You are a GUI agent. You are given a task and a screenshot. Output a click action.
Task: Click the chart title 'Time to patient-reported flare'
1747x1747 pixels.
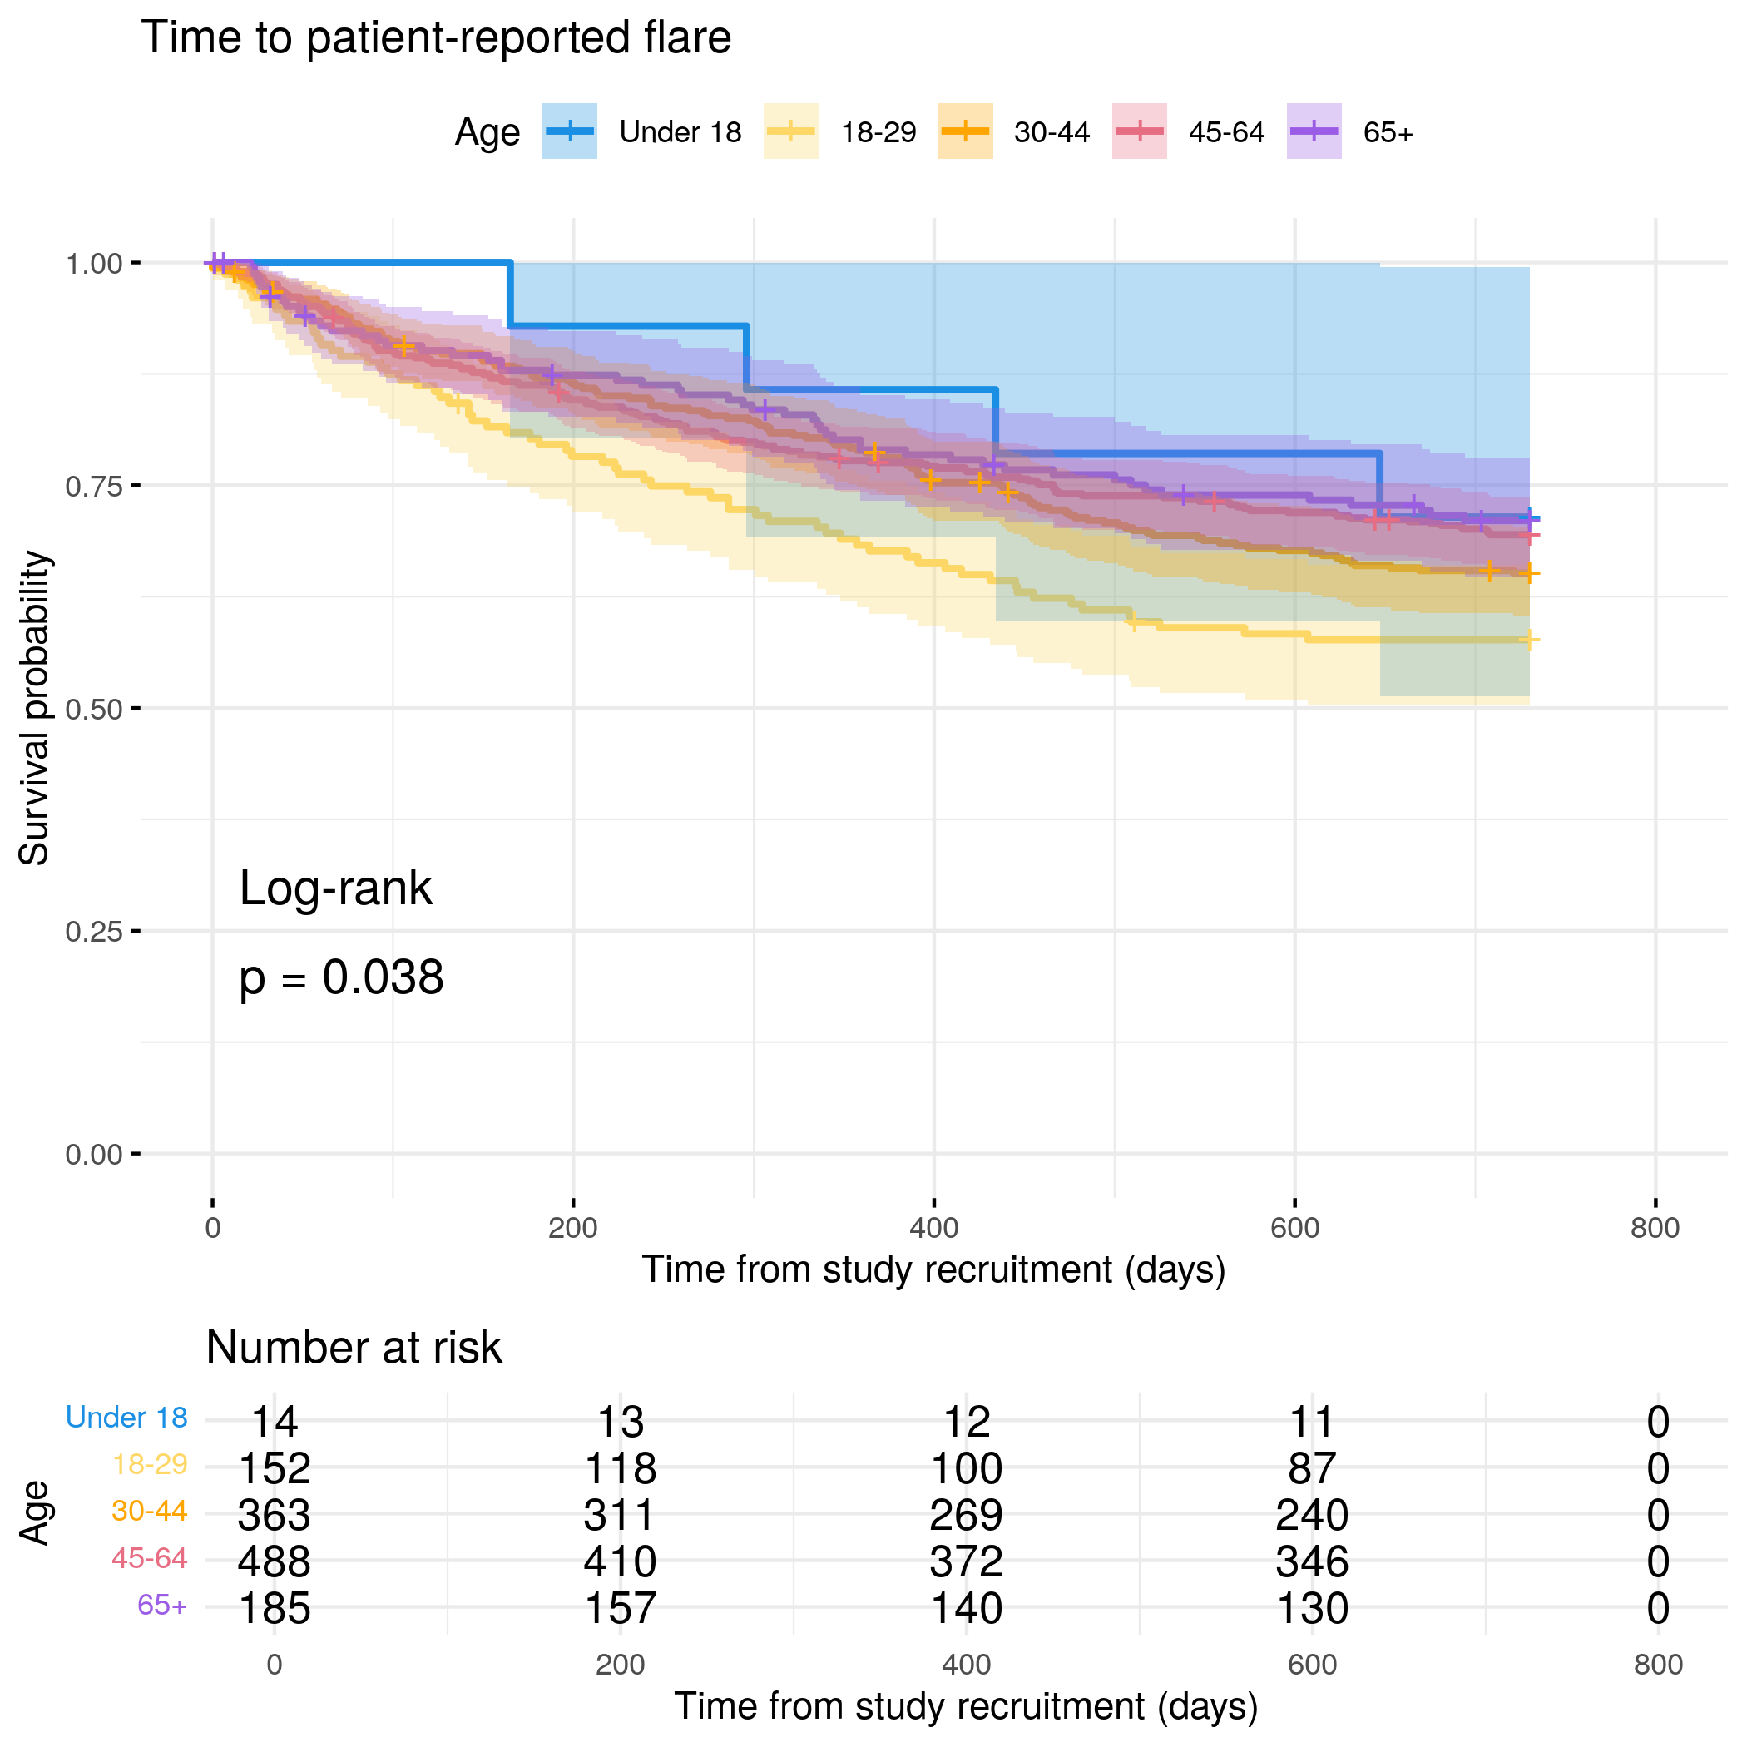click(436, 38)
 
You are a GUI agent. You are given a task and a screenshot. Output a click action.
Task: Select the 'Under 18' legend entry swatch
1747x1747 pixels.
click(570, 132)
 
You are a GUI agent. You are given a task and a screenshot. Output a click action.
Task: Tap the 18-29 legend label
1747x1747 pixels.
click(878, 133)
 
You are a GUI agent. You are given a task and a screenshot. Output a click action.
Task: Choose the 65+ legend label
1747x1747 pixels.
click(1388, 133)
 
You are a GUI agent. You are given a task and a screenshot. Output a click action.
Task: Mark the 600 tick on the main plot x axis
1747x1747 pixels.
click(1294, 1228)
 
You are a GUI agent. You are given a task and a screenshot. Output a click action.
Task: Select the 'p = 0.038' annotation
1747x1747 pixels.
click(341, 978)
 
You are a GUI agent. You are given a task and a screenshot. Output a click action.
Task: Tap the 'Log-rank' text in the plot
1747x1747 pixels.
click(335, 888)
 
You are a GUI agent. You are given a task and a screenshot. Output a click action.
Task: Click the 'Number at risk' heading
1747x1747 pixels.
click(354, 1348)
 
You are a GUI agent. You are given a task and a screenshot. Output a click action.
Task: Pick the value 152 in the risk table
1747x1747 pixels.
click(274, 1468)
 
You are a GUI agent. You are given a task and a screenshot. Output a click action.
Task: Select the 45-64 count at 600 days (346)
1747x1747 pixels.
click(1312, 1561)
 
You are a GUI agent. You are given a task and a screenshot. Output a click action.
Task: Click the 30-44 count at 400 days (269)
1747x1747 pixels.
click(966, 1516)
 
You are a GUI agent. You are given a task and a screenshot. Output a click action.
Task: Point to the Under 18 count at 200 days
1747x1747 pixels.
click(621, 1423)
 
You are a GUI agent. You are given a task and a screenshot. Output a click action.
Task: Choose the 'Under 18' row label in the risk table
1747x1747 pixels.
click(126, 1418)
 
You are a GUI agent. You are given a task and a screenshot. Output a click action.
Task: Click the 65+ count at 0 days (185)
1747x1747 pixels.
click(274, 1609)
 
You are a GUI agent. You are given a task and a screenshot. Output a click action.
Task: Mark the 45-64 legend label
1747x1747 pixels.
click(1226, 133)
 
